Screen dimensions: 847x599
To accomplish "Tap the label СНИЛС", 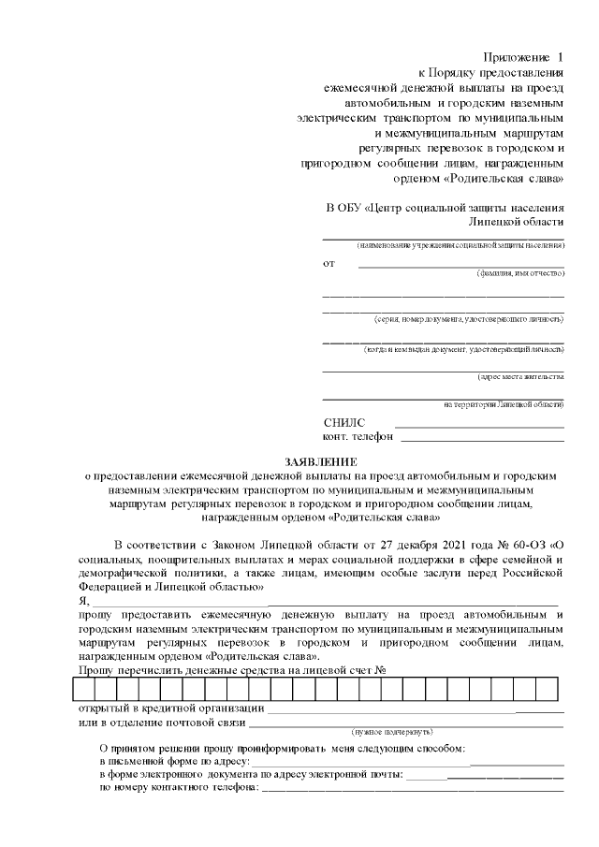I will [343, 423].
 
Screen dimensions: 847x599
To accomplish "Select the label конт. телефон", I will [358, 436].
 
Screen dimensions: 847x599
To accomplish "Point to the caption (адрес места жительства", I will [520, 376].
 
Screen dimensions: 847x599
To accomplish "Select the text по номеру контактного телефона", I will [179, 788].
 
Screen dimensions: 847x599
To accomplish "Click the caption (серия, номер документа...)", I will [468, 319].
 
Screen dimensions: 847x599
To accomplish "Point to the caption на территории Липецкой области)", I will [504, 404].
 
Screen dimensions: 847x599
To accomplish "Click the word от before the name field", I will [329, 263].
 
